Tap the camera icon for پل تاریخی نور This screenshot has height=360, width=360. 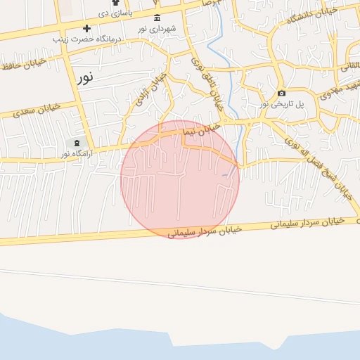282,94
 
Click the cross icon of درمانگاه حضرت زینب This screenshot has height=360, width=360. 86,28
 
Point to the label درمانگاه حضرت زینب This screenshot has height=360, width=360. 87,39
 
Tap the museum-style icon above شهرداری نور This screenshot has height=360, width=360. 156,18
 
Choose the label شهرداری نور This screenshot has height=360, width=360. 156,28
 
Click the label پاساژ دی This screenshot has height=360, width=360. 114,12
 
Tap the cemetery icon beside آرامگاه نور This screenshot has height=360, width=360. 76,143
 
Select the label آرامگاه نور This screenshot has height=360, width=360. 76,153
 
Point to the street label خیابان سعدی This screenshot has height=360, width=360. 37,110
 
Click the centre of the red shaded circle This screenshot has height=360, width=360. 180,180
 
